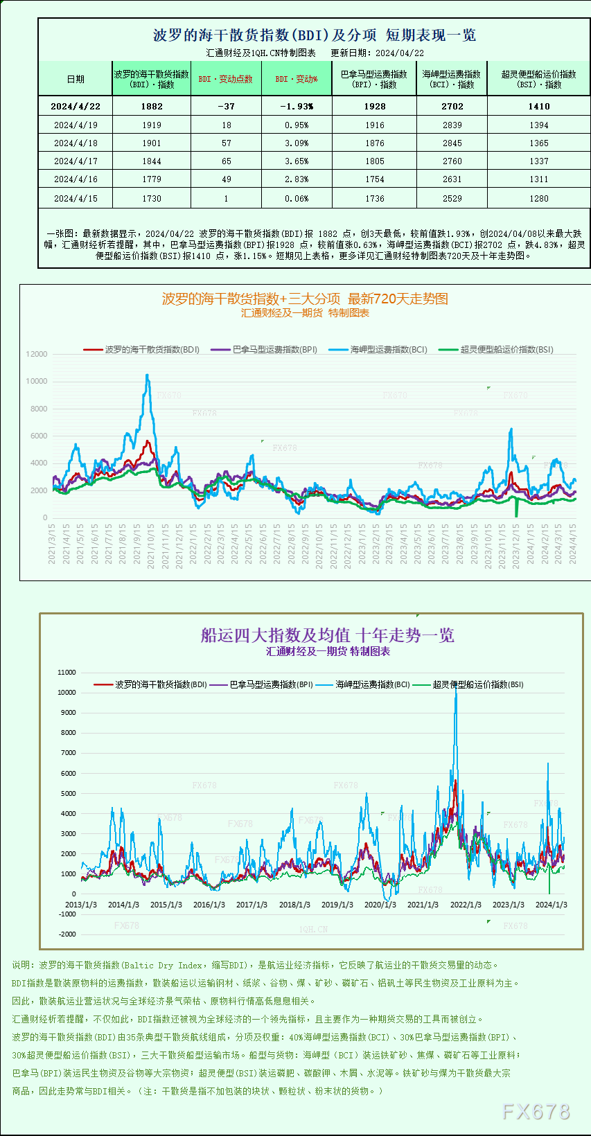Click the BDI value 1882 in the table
click(x=152, y=106)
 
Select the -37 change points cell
click(x=226, y=106)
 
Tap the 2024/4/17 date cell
click(x=76, y=161)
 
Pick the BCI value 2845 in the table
click(x=452, y=143)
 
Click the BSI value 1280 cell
click(x=538, y=199)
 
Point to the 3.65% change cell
click(x=297, y=161)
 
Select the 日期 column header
click(x=76, y=79)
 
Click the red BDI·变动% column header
click(x=297, y=79)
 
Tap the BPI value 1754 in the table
click(x=374, y=179)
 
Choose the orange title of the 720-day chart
click(x=305, y=299)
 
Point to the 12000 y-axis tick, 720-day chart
click(x=37, y=354)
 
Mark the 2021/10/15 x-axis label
click(x=151, y=546)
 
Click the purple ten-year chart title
click(x=327, y=635)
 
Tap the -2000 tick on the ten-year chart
click(x=67, y=934)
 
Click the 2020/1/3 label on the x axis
click(x=380, y=905)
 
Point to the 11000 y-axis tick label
click(x=67, y=672)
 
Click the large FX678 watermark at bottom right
click(x=536, y=1112)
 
